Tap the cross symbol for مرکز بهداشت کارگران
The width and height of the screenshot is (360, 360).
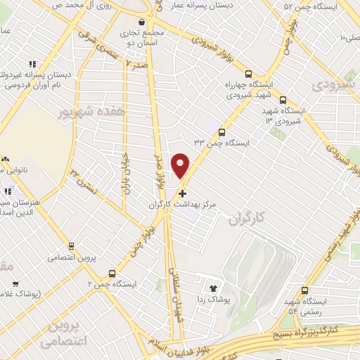183,193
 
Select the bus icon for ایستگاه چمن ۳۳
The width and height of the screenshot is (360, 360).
221,131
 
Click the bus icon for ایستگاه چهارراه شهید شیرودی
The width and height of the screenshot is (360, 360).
247,74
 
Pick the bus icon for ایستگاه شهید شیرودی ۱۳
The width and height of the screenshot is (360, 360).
283,100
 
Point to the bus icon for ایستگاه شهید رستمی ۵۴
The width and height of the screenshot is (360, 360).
304,290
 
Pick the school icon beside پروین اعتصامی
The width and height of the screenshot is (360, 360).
71,245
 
